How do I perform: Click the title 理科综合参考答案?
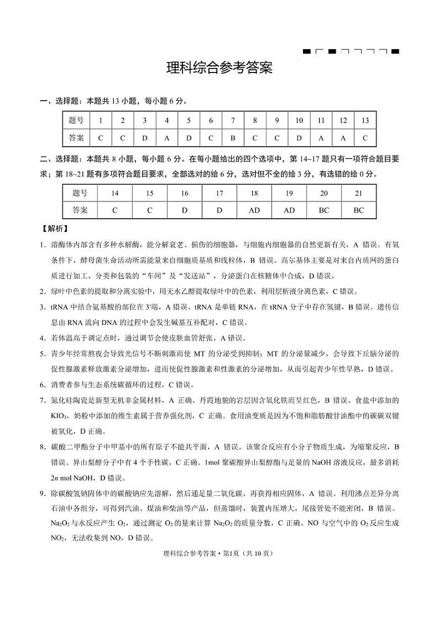(x=219, y=69)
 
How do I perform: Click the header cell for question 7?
(x=233, y=121)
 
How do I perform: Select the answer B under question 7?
(x=233, y=137)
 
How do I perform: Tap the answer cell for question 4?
(x=166, y=137)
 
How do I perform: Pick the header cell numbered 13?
(x=364, y=121)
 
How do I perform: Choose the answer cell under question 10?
(x=299, y=137)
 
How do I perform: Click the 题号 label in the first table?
(x=76, y=121)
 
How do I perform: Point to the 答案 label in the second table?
(x=80, y=210)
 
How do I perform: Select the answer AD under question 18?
(x=254, y=210)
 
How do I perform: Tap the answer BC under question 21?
(x=358, y=210)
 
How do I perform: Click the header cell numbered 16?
(x=185, y=193)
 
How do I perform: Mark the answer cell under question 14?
(x=115, y=210)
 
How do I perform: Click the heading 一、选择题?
(x=59, y=101)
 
